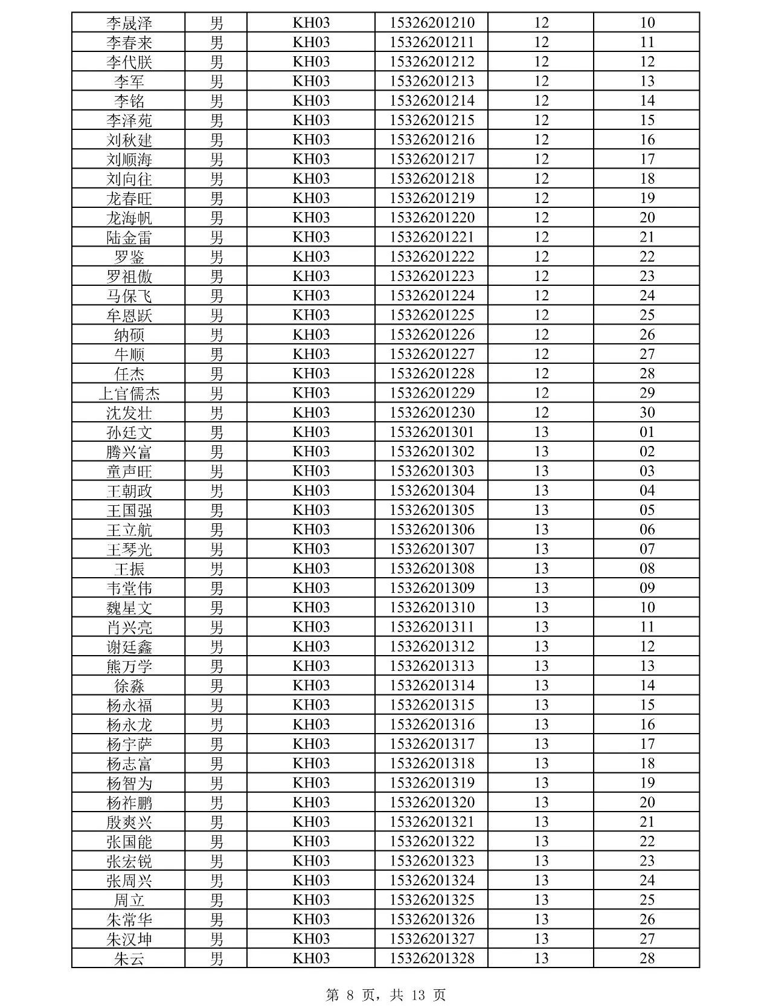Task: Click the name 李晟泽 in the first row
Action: [129, 23]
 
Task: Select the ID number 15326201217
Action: [432, 160]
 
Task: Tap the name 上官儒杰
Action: [129, 393]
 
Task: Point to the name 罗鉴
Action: [129, 257]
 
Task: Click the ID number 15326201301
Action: [432, 432]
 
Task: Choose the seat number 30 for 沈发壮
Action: [647, 413]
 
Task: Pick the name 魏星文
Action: [129, 607]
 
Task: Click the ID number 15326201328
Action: [432, 958]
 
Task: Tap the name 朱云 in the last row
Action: [129, 958]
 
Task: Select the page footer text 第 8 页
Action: [350, 995]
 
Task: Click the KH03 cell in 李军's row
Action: [311, 82]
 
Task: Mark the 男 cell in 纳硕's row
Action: [216, 335]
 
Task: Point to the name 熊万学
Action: [129, 666]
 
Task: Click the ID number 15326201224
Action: [432, 296]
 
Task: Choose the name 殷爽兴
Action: [129, 822]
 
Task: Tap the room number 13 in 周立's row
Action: [541, 900]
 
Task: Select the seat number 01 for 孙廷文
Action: [647, 432]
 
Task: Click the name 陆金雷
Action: [129, 237]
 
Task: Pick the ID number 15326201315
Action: [432, 705]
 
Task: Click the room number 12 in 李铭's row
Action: [541, 101]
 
